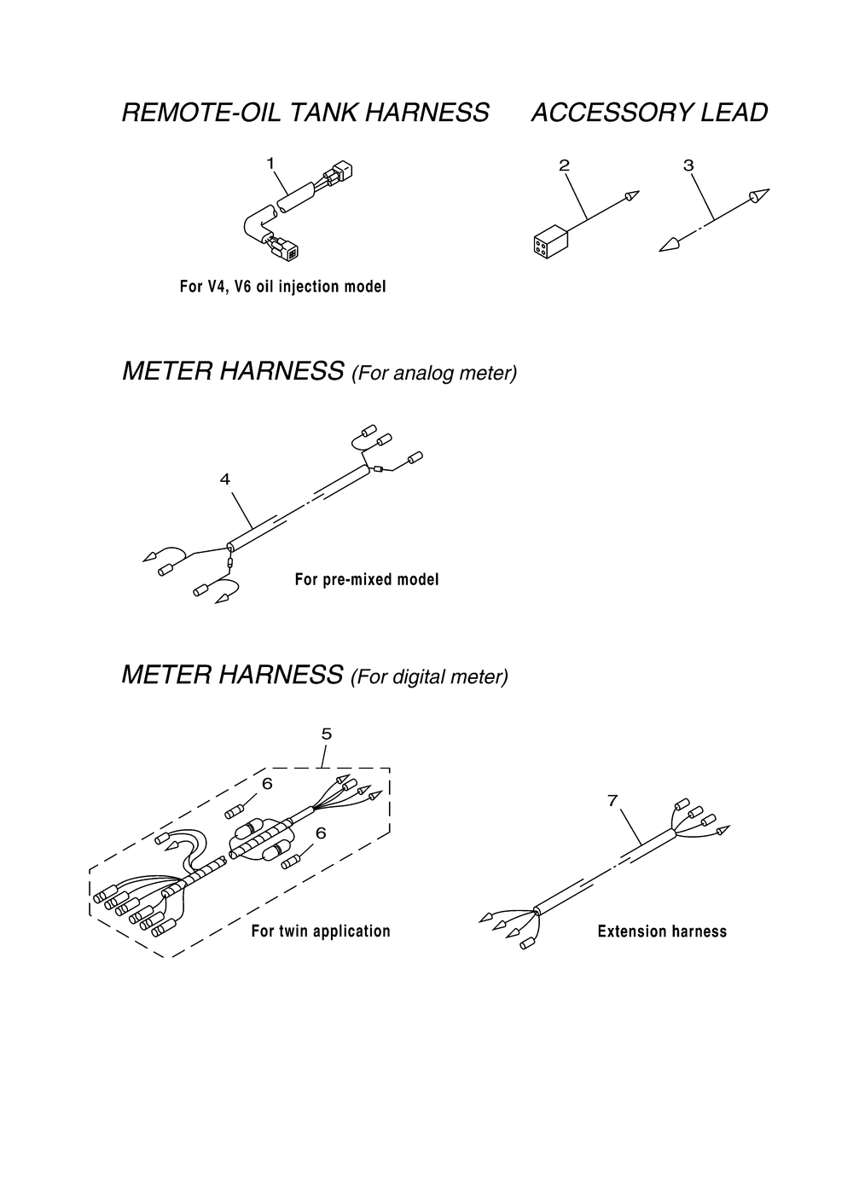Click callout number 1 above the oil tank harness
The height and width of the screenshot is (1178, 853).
270,161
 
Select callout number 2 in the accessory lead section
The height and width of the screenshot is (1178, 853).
564,165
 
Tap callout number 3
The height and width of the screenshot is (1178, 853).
689,165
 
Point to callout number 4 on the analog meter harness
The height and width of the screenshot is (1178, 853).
225,479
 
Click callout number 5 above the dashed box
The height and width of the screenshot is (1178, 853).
326,734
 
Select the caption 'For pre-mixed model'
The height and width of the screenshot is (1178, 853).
367,580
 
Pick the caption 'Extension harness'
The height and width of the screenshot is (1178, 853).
662,931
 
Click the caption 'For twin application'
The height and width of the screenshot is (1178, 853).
321,931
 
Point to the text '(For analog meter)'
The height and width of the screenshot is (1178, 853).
434,374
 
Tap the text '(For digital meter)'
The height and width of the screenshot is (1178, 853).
429,677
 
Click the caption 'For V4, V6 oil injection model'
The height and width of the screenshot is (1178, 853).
282,287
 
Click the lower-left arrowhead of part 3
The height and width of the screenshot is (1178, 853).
670,244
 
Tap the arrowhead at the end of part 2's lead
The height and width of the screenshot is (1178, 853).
631,195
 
